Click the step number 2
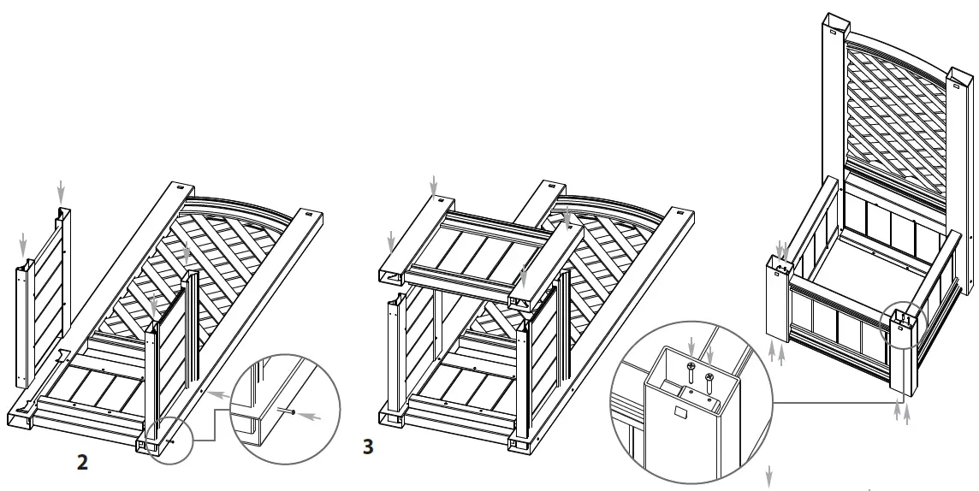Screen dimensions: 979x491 pyautogui.click(x=82, y=463)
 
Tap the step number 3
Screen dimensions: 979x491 pyautogui.click(x=368, y=447)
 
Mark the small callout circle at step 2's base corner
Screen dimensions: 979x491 pyautogui.click(x=160, y=439)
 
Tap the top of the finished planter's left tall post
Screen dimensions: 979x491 pyautogui.click(x=834, y=21)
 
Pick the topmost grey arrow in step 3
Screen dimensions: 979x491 pyautogui.click(x=434, y=183)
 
